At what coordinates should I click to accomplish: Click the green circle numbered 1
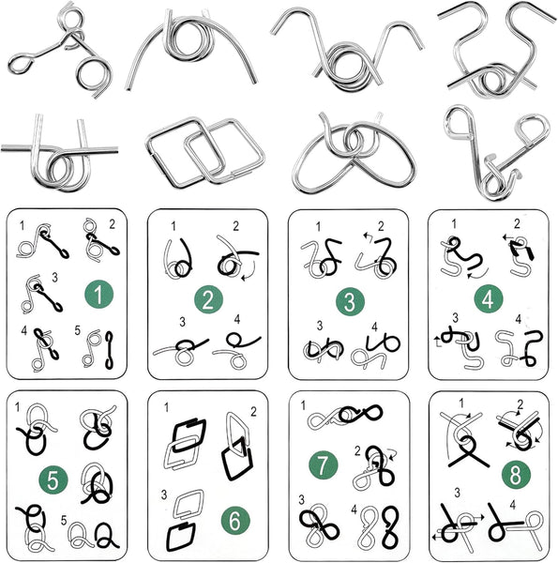98,294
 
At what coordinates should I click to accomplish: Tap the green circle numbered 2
208,299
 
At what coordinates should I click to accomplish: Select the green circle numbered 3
350,301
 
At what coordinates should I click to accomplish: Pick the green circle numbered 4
488,298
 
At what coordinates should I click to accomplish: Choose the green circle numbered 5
53,479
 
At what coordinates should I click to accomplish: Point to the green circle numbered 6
235,520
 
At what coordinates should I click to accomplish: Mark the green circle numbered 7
323,465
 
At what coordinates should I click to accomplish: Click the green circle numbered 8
516,475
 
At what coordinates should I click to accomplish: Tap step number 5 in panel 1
78,330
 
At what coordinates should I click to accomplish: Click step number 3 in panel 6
164,495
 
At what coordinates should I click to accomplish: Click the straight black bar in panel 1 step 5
109,350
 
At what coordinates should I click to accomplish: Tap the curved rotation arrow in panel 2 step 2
249,272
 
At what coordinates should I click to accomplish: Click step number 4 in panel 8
512,505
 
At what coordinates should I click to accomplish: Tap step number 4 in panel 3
374,327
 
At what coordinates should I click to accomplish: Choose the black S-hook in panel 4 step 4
533,347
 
